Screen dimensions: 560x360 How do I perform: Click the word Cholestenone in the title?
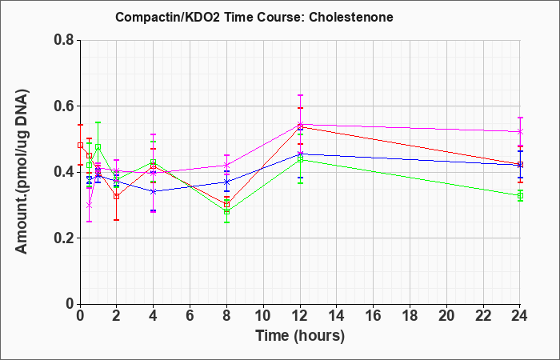coord(351,17)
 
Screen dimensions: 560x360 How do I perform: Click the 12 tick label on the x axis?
coord(300,316)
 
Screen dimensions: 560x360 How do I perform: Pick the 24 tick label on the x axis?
coord(519,316)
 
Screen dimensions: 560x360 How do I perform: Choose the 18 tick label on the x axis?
coord(410,316)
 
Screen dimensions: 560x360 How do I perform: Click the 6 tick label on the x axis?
coord(190,316)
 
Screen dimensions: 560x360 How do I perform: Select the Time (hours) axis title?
coord(300,336)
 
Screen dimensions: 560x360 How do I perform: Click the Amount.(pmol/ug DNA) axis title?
coord(22,171)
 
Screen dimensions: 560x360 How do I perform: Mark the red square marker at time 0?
coord(80,146)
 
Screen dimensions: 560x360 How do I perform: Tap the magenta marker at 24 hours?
coord(520,132)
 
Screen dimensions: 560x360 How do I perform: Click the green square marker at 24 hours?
coord(520,196)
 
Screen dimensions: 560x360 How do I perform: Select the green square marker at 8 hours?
coord(226,211)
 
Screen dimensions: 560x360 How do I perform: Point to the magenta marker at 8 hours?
coord(226,165)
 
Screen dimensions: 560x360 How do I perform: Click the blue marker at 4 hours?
coord(154,191)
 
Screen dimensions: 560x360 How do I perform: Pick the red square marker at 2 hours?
coord(117,197)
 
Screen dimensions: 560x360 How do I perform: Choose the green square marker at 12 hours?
coord(300,160)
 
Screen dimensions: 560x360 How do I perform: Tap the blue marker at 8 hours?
coord(226,182)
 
